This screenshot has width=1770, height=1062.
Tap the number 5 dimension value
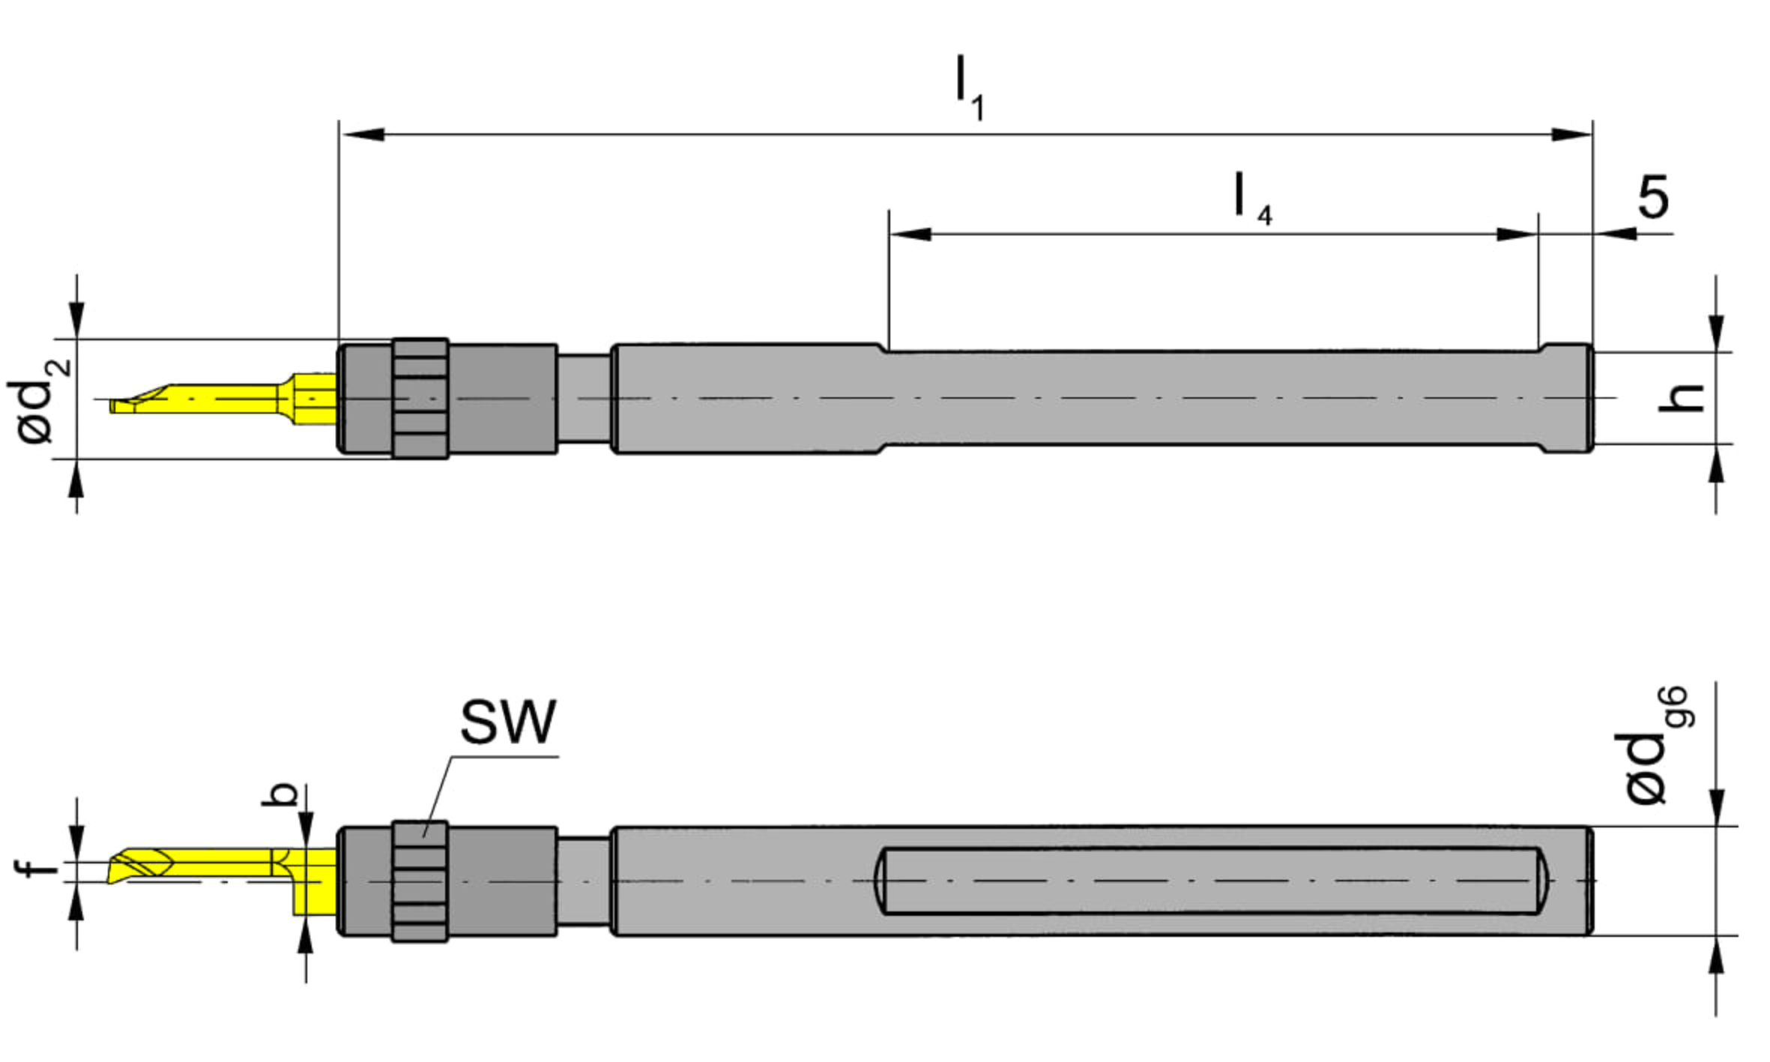pos(1653,196)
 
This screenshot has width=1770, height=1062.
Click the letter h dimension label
pos(1680,397)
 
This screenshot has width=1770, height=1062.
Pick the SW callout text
pos(508,722)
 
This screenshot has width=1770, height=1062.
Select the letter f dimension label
pos(36,868)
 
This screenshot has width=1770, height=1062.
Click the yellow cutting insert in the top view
pos(223,399)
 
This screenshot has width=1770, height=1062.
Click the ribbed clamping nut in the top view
pos(420,399)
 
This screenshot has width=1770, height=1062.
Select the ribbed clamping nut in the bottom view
pos(420,881)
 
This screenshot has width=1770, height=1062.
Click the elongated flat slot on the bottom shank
pos(1211,881)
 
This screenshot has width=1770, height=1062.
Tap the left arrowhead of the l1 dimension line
pos(363,135)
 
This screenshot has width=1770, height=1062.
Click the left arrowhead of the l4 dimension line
pos(910,234)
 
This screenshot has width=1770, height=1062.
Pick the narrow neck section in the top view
pos(584,399)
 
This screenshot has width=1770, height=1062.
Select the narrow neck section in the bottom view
pos(584,881)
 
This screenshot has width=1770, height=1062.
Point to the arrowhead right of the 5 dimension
pos(1616,234)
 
